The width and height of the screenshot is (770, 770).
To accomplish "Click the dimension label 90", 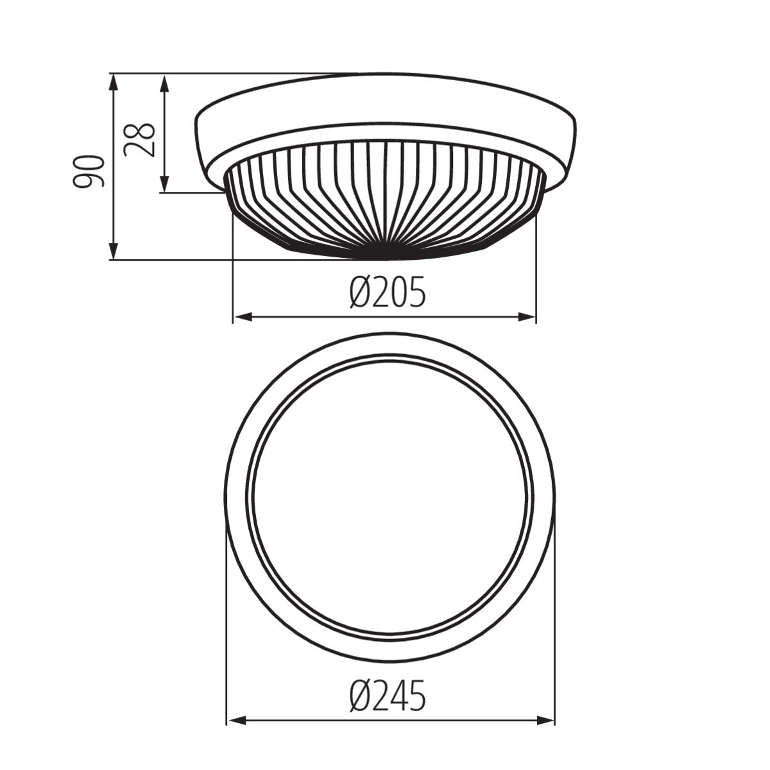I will pyautogui.click(x=88, y=171).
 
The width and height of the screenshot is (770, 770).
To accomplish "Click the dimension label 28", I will pyautogui.click(x=140, y=139).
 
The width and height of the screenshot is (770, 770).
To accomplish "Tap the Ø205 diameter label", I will pyautogui.click(x=387, y=294).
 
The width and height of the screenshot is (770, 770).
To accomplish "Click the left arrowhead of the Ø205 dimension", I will pyautogui.click(x=239, y=316).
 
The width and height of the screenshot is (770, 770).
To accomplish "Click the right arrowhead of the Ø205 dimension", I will pyautogui.click(x=529, y=316).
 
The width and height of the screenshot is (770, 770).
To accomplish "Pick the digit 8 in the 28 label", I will pyautogui.click(x=140, y=130).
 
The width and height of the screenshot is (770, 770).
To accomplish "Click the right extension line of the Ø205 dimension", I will pyautogui.click(x=536, y=269).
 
